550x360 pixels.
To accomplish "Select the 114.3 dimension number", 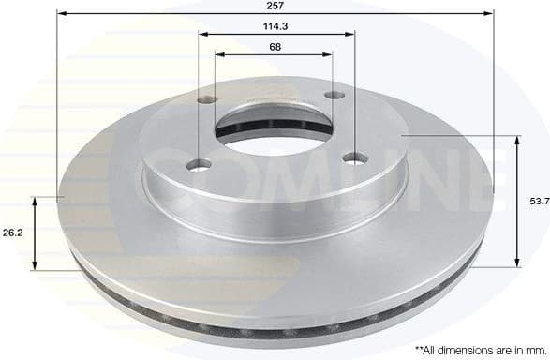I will [x=276, y=26].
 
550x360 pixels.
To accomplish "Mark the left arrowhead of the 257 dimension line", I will [x=62, y=13].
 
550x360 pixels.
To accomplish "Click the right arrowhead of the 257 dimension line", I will [x=488, y=13].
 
